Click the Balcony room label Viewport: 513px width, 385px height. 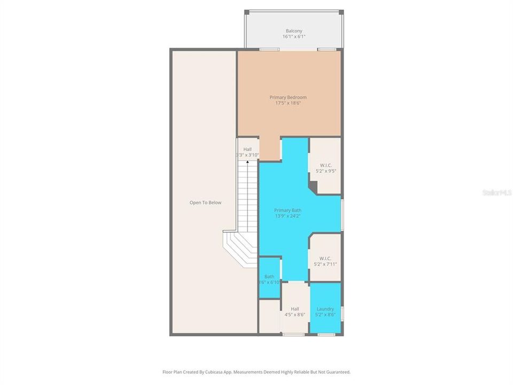pos(294,30)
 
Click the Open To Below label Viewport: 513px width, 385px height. pos(205,203)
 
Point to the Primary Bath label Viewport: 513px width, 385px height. pos(288,210)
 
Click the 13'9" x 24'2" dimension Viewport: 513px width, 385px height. pos(288,216)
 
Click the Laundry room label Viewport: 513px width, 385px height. pos(325,309)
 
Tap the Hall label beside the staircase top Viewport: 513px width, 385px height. pos(247,149)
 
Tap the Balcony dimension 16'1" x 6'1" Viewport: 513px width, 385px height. pos(294,37)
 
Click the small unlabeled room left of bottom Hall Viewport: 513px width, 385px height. pos(270,317)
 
